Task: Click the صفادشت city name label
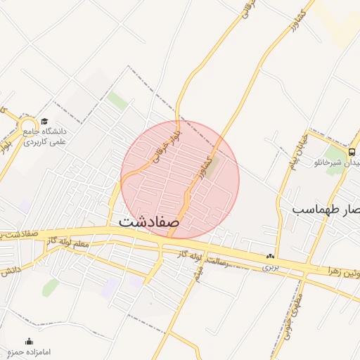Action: [x=149, y=220]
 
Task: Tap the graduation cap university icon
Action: [x=45, y=121]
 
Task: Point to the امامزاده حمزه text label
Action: [x=29, y=351]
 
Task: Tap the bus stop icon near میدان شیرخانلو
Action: [x=351, y=151]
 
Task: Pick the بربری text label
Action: [x=271, y=267]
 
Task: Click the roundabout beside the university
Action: [x=28, y=126]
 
